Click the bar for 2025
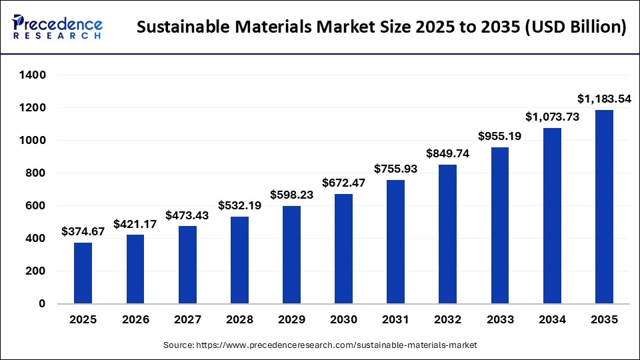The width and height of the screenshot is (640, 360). (83, 273)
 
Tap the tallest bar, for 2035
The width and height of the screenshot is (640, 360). (604, 207)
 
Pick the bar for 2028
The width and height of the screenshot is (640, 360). (239, 260)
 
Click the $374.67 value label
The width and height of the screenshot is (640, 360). (83, 232)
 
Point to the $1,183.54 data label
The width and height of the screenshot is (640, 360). (604, 99)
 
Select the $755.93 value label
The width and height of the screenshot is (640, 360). (395, 169)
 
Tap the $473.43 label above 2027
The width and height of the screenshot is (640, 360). (187, 215)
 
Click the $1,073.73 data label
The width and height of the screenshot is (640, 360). (552, 117)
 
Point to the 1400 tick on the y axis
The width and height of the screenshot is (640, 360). (33, 75)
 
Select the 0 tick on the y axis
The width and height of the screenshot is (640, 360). (41, 304)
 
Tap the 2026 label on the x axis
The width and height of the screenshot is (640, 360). (135, 320)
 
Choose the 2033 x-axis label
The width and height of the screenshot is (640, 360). (499, 320)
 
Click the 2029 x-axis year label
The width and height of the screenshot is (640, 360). (291, 320)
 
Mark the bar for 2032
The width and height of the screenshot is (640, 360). (447, 234)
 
